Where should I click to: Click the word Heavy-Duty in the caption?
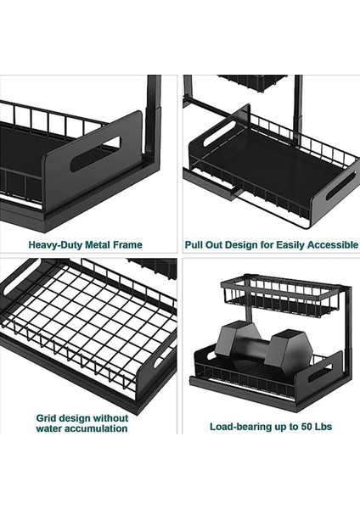pyautogui.click(x=54, y=244)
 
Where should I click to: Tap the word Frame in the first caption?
pyautogui.click(x=127, y=244)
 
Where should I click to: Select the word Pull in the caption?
pyautogui.click(x=194, y=244)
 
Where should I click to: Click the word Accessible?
pyautogui.click(x=333, y=244)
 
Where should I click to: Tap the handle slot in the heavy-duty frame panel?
pyautogui.click(x=95, y=154)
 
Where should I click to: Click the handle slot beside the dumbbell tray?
pyautogui.click(x=320, y=373)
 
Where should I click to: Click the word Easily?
pyautogui.click(x=290, y=244)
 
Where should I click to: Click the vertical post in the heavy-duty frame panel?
pyautogui.click(x=154, y=120)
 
